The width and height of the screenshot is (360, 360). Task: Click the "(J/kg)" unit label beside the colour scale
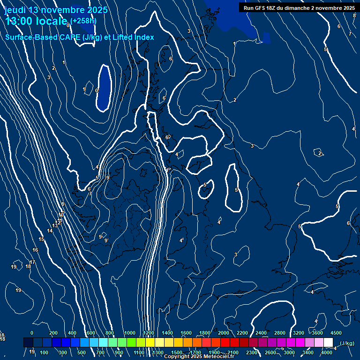click(346, 343)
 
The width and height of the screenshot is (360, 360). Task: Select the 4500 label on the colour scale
click(336, 333)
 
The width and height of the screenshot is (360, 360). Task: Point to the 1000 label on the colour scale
click(130, 333)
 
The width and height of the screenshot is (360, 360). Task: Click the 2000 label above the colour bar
click(224, 333)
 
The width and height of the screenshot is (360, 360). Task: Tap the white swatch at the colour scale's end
click(328, 343)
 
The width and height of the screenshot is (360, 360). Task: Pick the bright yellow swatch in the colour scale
click(150, 343)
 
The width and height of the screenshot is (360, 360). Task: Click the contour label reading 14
click(50, 231)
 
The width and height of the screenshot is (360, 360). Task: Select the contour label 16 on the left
click(35, 250)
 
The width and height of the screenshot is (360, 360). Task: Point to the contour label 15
click(41, 240)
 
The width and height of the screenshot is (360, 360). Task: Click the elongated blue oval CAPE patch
click(104, 88)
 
